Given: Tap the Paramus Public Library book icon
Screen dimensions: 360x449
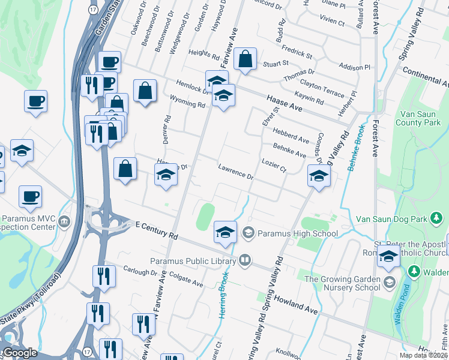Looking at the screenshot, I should click(x=244, y=260).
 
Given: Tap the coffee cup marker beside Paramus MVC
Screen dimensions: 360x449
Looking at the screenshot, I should click(x=30, y=196).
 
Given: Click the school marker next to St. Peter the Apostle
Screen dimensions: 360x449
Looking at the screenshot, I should click(x=389, y=257).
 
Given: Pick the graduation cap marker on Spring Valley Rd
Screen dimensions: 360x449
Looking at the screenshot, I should click(x=319, y=176).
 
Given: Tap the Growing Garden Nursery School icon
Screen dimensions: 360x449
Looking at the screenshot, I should click(x=390, y=282).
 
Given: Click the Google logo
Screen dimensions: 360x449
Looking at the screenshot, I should click(x=20, y=353).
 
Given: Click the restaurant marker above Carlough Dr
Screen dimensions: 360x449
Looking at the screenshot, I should click(x=103, y=277).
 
